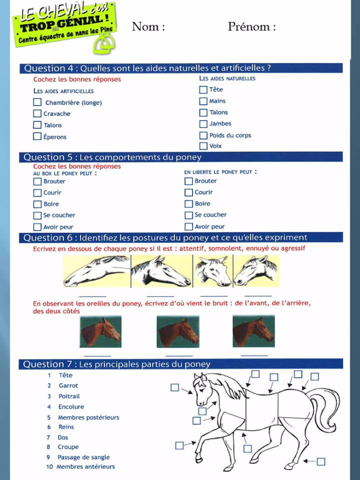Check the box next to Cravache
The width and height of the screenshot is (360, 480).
point(37,114)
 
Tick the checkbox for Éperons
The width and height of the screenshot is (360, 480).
point(37,136)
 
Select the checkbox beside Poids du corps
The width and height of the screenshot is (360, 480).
point(204,135)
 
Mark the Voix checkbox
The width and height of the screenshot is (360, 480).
point(204,146)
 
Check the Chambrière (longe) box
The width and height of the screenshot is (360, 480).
point(37,102)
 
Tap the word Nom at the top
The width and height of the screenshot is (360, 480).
point(148,27)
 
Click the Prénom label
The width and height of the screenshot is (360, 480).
point(252,27)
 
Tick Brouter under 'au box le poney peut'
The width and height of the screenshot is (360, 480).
point(37,181)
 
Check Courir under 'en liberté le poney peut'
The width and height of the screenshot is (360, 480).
point(189,193)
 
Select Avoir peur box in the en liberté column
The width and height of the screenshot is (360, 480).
point(189,227)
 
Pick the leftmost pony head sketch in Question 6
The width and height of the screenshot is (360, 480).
point(96,271)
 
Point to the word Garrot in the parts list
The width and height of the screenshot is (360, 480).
point(68,386)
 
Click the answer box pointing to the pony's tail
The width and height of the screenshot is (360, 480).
point(315,377)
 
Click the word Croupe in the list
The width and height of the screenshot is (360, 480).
point(68,447)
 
